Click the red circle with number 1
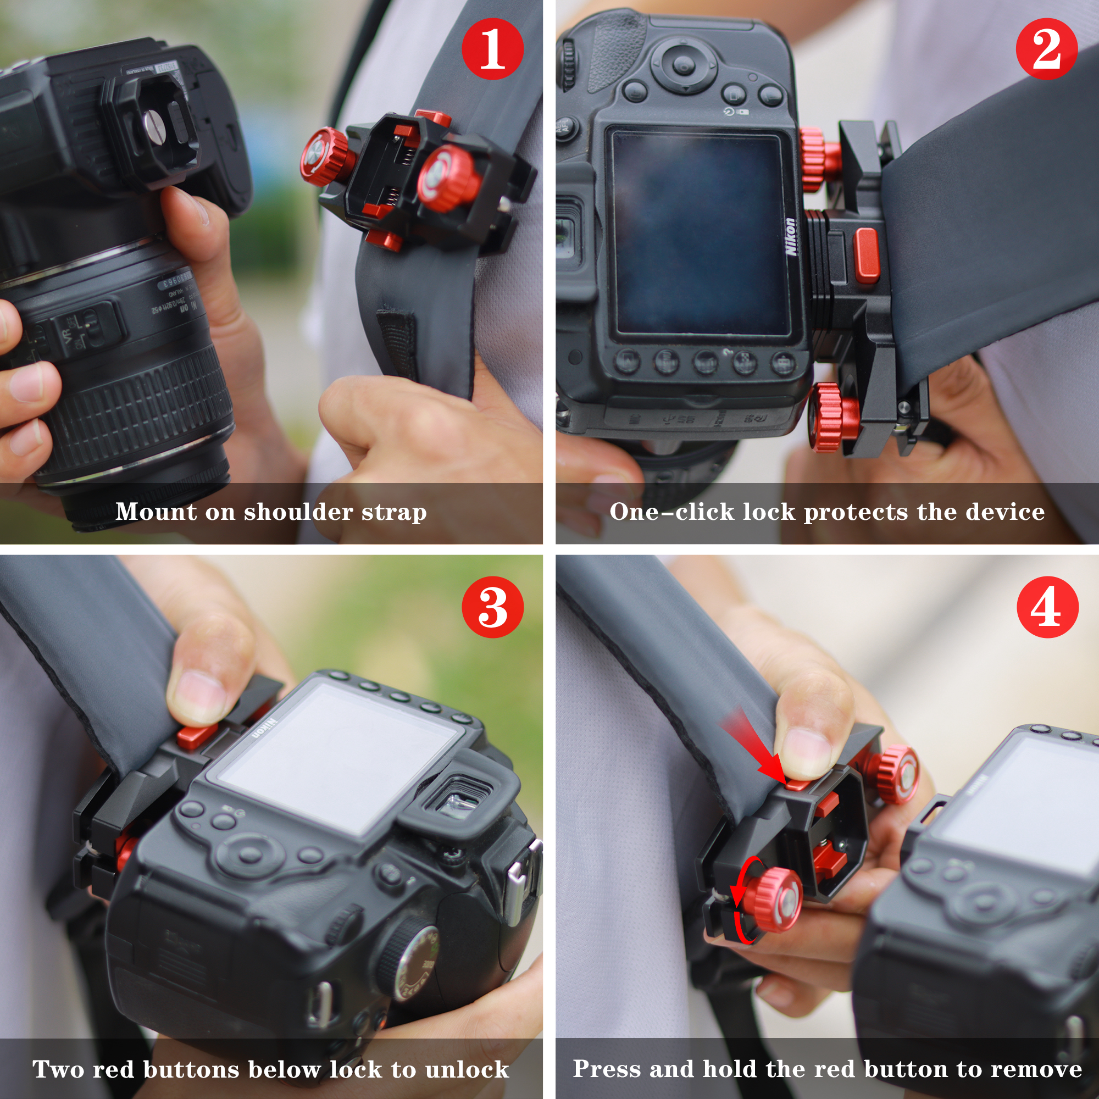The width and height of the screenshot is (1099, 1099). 492,48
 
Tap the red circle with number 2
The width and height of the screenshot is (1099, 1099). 1047,48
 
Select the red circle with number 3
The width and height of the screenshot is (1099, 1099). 492,607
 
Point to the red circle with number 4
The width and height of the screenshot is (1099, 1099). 1047,607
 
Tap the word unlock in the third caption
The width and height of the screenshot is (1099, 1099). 467,1069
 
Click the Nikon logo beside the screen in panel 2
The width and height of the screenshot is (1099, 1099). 790,237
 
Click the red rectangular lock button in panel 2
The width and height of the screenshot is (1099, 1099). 867,256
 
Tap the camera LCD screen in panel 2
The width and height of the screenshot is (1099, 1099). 700,233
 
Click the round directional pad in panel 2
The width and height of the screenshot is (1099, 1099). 683,65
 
